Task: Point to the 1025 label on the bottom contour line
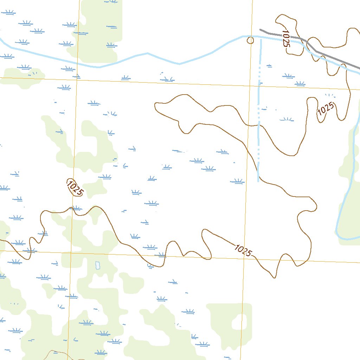coord(243,250)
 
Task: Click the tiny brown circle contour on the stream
coord(250,40)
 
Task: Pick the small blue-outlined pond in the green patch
coord(97,265)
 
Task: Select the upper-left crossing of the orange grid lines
coord(77,80)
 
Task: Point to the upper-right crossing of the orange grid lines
coord(251,85)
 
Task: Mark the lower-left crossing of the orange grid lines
coord(71,252)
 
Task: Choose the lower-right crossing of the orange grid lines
coord(244,258)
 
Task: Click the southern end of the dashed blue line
coord(258,181)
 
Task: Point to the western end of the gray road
coord(261,30)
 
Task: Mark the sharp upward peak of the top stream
coord(147,53)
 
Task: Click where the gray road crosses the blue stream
coord(309,44)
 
